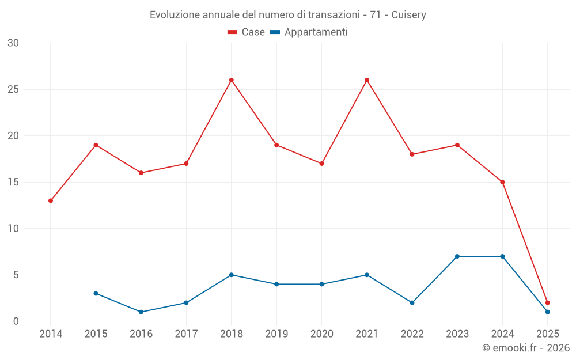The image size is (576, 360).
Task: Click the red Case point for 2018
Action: [232, 80]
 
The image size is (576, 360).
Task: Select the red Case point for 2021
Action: [367, 80]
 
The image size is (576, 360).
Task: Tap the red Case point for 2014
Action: [51, 200]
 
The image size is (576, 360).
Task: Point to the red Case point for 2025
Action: [548, 302]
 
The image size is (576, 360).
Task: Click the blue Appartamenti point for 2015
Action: [96, 293]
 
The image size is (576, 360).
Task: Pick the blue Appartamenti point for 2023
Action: [457, 256]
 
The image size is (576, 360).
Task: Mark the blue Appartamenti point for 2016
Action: [141, 312]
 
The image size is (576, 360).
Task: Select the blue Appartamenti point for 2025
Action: [548, 312]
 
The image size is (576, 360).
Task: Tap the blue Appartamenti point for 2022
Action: [412, 302]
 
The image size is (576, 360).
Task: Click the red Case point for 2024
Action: [502, 182]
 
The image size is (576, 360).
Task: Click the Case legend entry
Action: [246, 32]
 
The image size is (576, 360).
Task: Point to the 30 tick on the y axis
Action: [13, 43]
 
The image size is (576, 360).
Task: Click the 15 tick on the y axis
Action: [13, 182]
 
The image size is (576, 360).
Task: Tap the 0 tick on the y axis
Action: [16, 321]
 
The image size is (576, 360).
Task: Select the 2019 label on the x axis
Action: [276, 334]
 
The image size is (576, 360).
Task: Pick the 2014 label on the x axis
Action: [51, 334]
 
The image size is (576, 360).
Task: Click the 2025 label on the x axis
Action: [548, 334]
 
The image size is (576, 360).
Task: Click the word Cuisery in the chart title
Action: [409, 15]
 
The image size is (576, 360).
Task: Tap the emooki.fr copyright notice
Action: [526, 348]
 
